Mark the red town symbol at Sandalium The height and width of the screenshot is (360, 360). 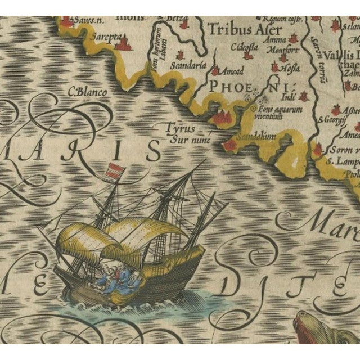coord(229,146)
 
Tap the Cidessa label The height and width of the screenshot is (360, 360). coord(241,47)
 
